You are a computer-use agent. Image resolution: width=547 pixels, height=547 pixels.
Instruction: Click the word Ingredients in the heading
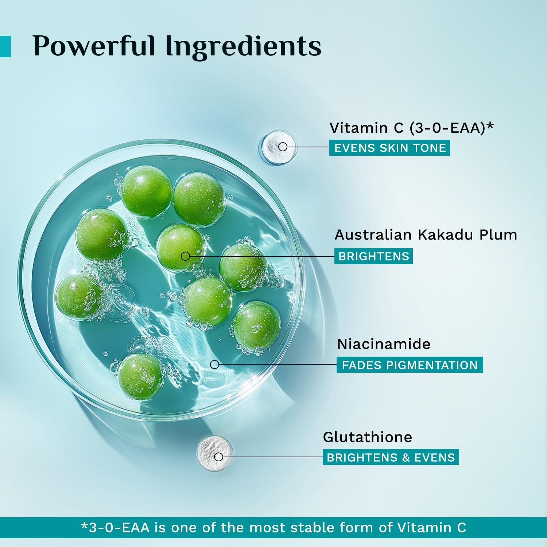click(x=243, y=47)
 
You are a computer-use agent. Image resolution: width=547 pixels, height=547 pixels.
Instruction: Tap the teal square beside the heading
click(x=5, y=46)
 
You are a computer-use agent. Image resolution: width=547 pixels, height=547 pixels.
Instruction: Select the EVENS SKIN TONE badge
click(x=389, y=148)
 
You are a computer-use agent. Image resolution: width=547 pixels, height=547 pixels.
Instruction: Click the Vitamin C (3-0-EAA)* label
click(x=411, y=128)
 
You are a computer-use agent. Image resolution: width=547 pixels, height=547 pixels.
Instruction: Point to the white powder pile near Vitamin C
click(x=278, y=148)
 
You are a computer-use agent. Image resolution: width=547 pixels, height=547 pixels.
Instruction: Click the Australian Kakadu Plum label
click(x=426, y=234)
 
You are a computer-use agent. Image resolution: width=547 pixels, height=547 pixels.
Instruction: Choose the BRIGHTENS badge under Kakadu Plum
click(x=373, y=256)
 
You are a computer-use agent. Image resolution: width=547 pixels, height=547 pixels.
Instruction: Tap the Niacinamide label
click(x=384, y=344)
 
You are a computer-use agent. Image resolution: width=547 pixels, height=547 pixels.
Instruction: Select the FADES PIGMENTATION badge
click(x=410, y=365)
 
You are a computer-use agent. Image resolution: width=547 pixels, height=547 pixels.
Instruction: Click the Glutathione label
click(x=367, y=437)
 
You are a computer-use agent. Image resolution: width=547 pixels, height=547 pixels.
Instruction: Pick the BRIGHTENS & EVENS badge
click(x=391, y=457)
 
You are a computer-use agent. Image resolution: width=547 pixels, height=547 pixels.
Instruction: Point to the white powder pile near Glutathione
click(x=215, y=453)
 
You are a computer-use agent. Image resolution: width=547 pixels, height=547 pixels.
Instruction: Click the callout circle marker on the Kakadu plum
click(x=185, y=256)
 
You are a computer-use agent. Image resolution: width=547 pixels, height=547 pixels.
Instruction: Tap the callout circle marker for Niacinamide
click(x=215, y=364)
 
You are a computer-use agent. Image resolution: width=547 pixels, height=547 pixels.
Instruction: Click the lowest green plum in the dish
click(x=141, y=376)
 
